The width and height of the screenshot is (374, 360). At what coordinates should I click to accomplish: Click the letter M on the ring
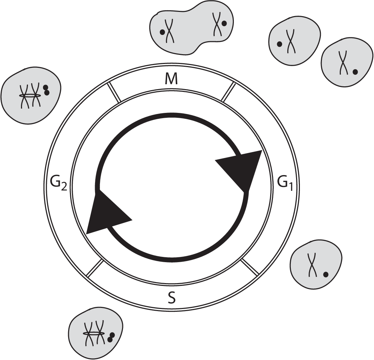[x=171, y=80]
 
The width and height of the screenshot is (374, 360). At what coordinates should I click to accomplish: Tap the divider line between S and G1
[x=250, y=267]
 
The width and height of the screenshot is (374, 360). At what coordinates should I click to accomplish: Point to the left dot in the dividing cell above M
[x=162, y=32]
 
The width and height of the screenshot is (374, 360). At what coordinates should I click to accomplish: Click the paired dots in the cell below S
[x=111, y=337]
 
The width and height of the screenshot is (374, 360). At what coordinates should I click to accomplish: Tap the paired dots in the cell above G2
[x=46, y=90]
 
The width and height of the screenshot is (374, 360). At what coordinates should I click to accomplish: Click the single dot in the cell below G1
[x=325, y=275]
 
